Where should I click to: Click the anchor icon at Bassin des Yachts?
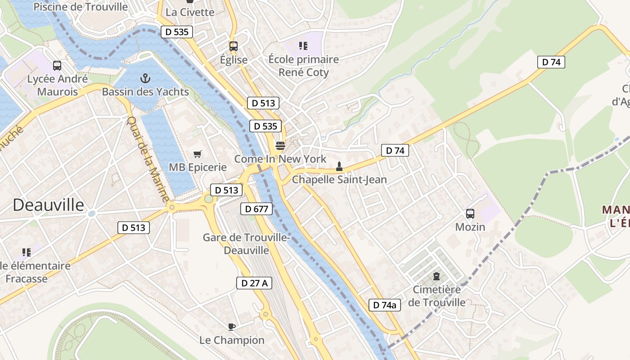(x=145, y=79)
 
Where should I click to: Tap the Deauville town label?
(x=48, y=205)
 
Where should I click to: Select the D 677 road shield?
(x=256, y=209)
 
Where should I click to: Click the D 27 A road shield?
(x=254, y=283)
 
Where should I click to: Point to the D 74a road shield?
(x=384, y=305)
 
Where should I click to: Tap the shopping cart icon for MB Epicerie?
(x=197, y=154)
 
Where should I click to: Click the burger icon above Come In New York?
(x=280, y=145)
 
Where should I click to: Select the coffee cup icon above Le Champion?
(x=231, y=327)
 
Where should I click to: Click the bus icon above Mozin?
(x=470, y=214)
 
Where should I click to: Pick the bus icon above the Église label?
(x=233, y=46)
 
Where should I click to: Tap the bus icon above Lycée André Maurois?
(x=57, y=66)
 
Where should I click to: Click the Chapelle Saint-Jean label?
(x=339, y=180)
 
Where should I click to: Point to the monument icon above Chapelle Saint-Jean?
(x=339, y=167)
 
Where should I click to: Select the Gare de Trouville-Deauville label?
(x=246, y=243)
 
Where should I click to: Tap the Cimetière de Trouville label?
(x=436, y=296)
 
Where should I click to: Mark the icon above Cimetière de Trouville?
(x=436, y=276)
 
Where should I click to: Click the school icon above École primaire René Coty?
(x=303, y=45)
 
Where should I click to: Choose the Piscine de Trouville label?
(x=81, y=7)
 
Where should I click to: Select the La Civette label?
(x=190, y=12)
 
